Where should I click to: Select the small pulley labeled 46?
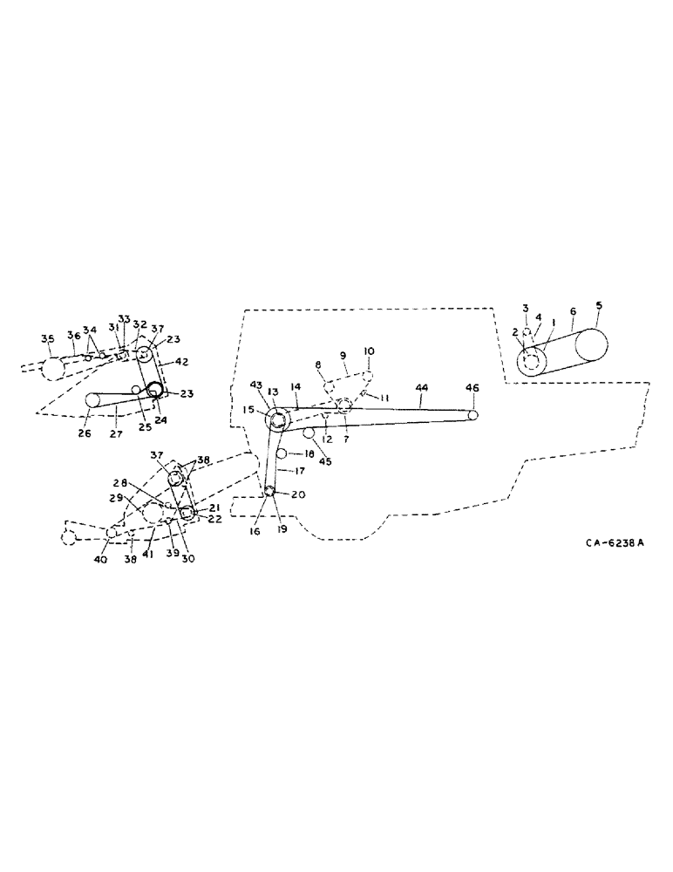pos(472,415)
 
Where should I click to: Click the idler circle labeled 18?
pos(282,453)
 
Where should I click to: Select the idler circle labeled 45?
pos(308,433)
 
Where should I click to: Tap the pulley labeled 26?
pos(93,399)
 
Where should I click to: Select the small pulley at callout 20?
pos(270,493)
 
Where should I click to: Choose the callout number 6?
pos(572,310)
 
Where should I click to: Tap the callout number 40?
pos(100,560)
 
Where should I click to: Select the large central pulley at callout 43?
pos(279,420)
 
